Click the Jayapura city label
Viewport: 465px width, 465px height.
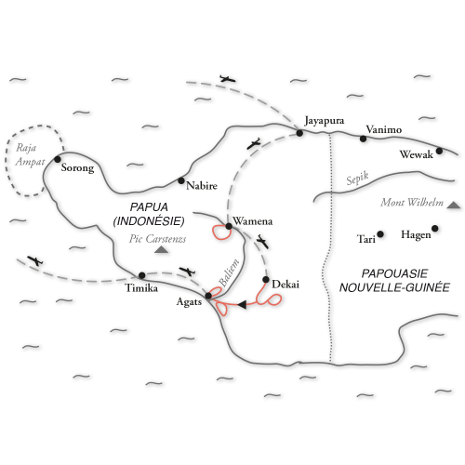tap(325, 121)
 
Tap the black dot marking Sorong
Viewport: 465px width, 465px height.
tap(58, 159)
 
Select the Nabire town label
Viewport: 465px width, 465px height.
tap(202, 186)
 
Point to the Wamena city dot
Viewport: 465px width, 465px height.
tap(229, 226)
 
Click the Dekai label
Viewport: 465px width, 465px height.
tap(286, 285)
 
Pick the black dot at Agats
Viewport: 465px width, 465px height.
tap(208, 296)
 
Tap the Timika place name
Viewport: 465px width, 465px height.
tap(141, 288)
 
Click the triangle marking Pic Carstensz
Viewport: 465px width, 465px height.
tap(161, 249)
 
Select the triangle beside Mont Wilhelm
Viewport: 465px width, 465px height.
tap(454, 205)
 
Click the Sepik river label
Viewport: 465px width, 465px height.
tap(357, 178)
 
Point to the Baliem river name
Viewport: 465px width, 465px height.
tap(229, 272)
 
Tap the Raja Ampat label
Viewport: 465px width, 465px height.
tap(30, 154)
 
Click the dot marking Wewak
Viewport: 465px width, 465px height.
tap(439, 151)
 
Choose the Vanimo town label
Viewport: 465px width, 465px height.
tap(384, 129)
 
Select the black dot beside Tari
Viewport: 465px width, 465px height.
tap(380, 234)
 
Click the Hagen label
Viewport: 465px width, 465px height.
tap(416, 234)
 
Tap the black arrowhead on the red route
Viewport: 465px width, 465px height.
tap(242, 304)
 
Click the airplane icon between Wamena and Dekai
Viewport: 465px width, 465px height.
tap(262, 242)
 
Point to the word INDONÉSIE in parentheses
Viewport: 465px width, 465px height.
tap(149, 221)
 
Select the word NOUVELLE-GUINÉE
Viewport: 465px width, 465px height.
tap(394, 287)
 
